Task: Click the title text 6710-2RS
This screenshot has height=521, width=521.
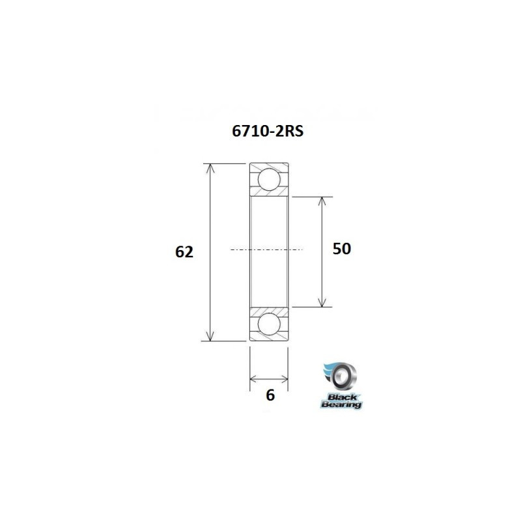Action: [x=268, y=131]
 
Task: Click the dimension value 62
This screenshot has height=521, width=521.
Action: [x=184, y=252]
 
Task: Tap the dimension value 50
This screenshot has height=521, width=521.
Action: [x=342, y=249]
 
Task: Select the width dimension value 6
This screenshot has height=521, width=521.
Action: [x=270, y=395]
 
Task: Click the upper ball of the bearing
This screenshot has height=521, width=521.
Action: [x=268, y=179]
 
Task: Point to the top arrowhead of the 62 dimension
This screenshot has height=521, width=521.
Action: [x=210, y=168]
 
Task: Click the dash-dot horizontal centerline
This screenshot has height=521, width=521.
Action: [x=267, y=249]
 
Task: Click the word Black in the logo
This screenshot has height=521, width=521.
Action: [x=340, y=396]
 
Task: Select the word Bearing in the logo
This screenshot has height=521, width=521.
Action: [x=341, y=404]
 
